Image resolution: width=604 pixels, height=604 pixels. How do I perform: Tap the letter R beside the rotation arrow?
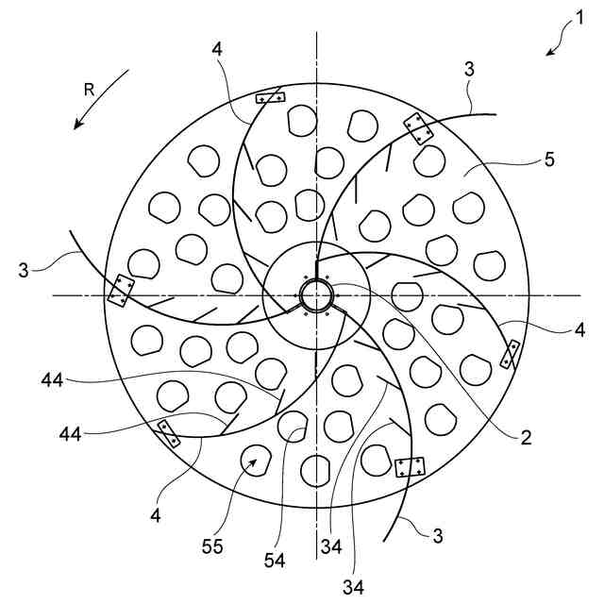[x=89, y=90]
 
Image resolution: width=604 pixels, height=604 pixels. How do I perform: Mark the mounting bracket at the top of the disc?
[x=271, y=96]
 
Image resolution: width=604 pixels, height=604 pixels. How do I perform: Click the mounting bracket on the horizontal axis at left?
[x=121, y=291]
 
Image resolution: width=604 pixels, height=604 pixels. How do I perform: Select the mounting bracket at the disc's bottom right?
[x=411, y=466]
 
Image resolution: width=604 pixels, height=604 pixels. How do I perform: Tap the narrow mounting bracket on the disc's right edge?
[x=510, y=355]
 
